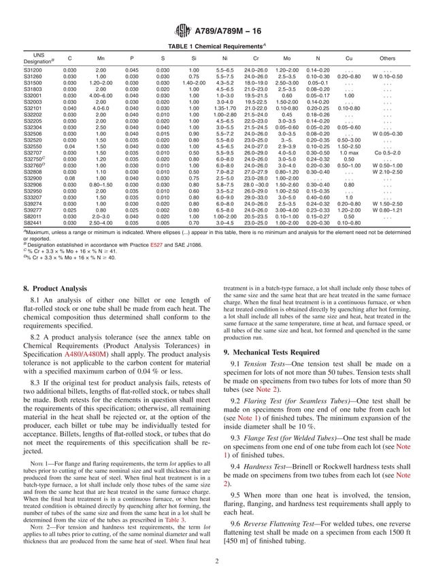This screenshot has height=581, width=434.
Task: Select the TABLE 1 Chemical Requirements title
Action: [x=216, y=46]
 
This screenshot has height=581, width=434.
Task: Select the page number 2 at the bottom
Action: [x=216, y=561]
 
